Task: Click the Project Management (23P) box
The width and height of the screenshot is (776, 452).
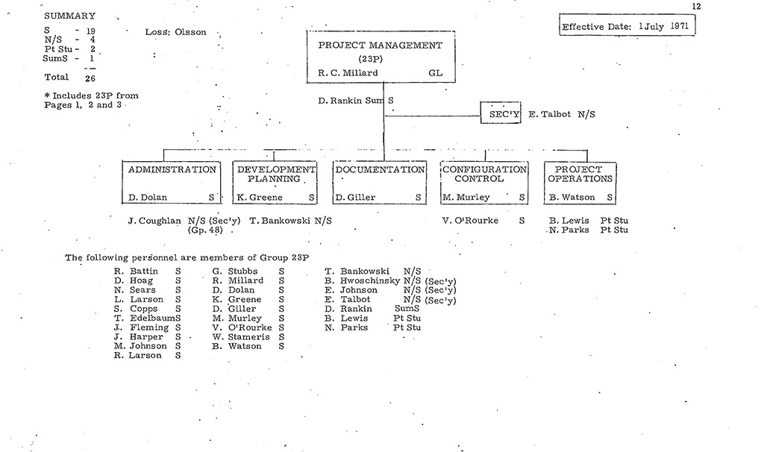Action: coord(384,57)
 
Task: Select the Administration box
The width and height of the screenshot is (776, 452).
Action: coord(172,183)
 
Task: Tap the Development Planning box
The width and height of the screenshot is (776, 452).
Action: coord(275,183)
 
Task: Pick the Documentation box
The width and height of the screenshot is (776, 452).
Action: coord(379,183)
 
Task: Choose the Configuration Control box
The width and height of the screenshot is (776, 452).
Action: coord(484,183)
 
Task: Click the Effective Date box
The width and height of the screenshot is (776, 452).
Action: coord(628,26)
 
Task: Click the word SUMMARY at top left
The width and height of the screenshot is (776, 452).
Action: coord(70,16)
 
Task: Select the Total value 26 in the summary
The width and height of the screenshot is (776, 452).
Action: coord(90,77)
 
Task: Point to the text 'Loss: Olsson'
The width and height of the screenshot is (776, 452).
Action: coord(175,33)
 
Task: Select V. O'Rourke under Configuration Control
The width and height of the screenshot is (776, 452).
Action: coord(470,221)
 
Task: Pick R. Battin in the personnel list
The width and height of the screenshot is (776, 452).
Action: coord(136,271)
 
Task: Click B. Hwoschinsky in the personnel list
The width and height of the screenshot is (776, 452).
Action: coord(362,280)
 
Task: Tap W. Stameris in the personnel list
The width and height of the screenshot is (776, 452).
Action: coord(237,337)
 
